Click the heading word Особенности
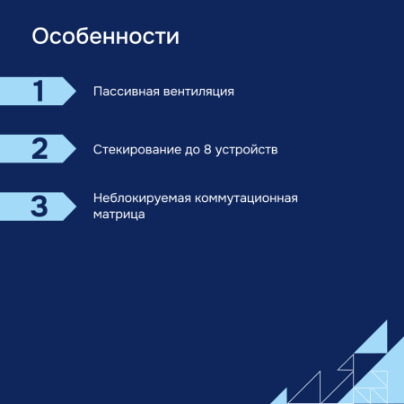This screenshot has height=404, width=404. click(105, 39)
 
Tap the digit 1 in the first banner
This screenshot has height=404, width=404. click(39, 92)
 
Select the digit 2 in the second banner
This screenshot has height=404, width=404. click(39, 148)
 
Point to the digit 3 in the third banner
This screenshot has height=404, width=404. click(39, 206)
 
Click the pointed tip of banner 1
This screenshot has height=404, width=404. click(75, 92)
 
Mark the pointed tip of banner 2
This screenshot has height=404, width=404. click(75, 148)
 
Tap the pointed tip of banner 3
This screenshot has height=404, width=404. click(75, 206)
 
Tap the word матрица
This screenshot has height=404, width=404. click(119, 215)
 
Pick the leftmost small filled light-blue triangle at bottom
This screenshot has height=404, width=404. click(279, 398)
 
